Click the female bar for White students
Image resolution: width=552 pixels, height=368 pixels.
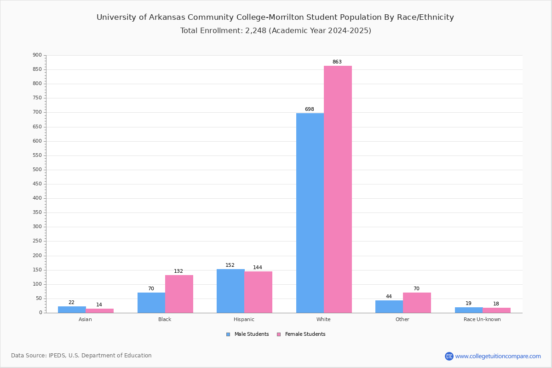(x=338, y=190)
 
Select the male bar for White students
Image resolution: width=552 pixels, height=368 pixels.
(x=310, y=213)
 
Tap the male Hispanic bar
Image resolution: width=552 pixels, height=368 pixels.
(x=230, y=291)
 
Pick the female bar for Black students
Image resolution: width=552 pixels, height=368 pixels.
(x=179, y=294)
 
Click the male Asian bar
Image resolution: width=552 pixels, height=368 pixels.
(x=72, y=310)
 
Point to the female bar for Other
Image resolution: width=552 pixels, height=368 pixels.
(x=417, y=303)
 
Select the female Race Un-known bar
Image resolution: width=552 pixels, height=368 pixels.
(x=496, y=310)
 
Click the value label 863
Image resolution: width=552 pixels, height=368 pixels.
(x=337, y=62)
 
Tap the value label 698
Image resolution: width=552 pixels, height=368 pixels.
(x=310, y=109)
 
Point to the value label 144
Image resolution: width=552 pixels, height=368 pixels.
(x=258, y=267)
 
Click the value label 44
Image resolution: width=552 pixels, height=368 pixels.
(x=389, y=296)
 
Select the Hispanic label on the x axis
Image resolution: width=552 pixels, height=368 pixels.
(x=244, y=319)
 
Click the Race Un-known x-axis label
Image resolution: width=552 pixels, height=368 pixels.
(x=482, y=319)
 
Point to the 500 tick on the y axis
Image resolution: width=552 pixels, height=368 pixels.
(x=37, y=170)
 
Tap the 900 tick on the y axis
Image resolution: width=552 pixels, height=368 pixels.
(x=37, y=55)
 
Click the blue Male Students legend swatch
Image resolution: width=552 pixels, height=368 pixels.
(x=228, y=334)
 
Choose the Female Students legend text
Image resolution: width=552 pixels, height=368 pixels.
(x=305, y=334)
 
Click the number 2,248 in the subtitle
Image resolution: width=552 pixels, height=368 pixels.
(x=256, y=30)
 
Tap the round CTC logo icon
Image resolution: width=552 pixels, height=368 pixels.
(x=449, y=356)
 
